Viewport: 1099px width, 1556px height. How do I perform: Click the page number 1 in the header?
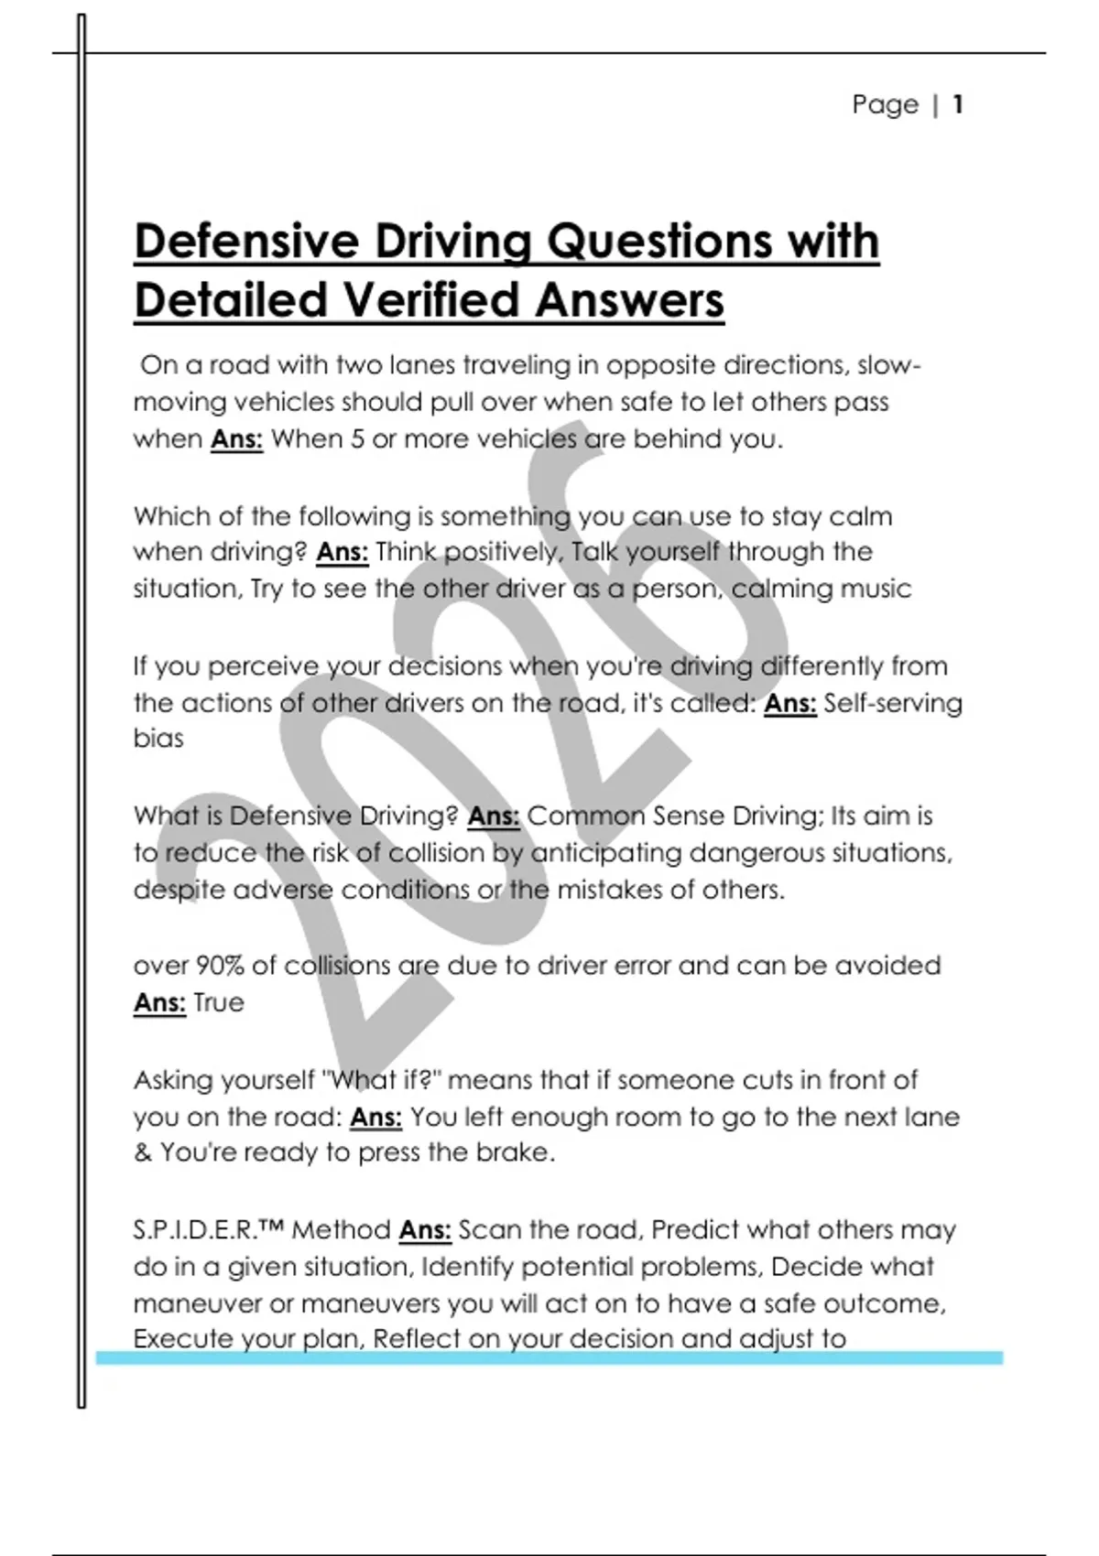coord(957,104)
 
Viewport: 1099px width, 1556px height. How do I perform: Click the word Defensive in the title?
coord(246,243)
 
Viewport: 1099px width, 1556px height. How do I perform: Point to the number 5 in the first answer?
coord(357,439)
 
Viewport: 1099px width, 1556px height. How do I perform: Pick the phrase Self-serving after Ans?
coord(893,703)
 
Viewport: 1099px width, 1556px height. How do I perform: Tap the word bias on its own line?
coord(158,739)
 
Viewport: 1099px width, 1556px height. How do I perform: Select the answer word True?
coord(219,1003)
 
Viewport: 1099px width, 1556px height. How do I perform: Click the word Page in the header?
coord(885,104)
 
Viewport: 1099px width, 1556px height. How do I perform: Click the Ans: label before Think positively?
coord(343,553)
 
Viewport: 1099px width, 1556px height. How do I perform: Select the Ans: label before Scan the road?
coord(425,1230)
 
